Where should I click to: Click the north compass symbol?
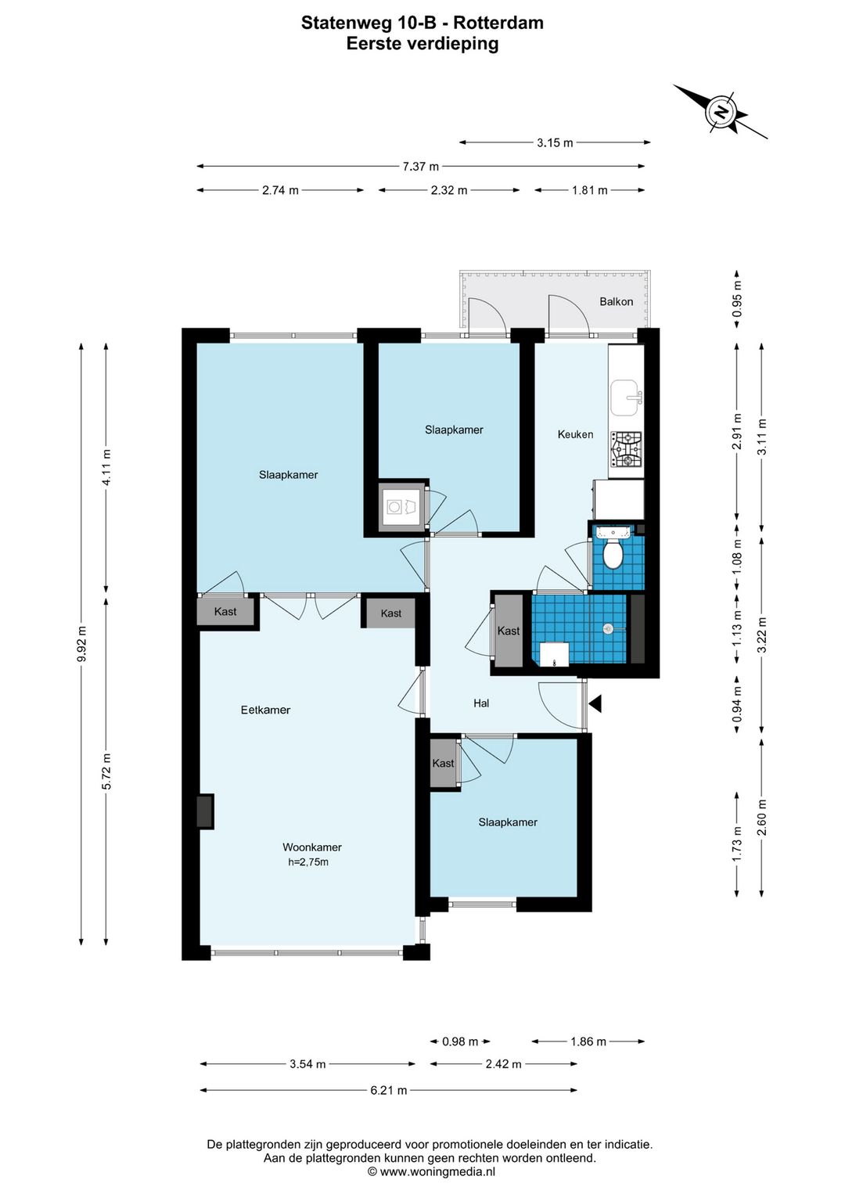pyautogui.click(x=721, y=112)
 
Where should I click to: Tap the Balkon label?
pyautogui.click(x=616, y=302)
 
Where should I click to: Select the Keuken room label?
pyautogui.click(x=575, y=434)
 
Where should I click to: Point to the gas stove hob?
pyautogui.click(x=627, y=448)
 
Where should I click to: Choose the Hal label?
pyautogui.click(x=481, y=703)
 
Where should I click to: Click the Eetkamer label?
pyautogui.click(x=265, y=710)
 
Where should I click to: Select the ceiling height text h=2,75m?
pyautogui.click(x=308, y=862)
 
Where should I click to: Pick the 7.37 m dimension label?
pyautogui.click(x=421, y=167)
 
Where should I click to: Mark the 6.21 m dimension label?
pyautogui.click(x=389, y=1091)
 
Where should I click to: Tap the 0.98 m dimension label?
pyautogui.click(x=460, y=1041)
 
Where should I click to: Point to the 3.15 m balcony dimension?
pyautogui.click(x=555, y=143)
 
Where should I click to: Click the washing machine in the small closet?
pyautogui.click(x=394, y=506)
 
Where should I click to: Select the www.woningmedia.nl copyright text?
pyautogui.click(x=431, y=1172)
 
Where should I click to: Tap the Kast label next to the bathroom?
pyautogui.click(x=508, y=631)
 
